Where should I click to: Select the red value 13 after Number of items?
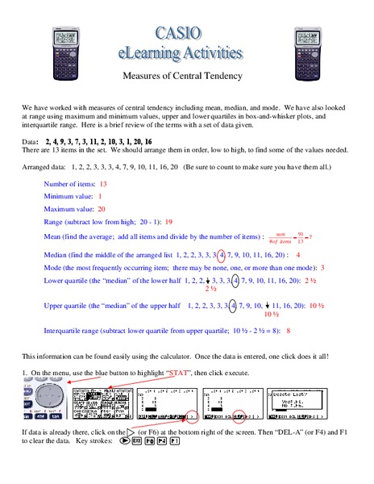click(103, 185)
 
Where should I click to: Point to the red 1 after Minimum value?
click(101, 196)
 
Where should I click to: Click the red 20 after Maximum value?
click(102, 208)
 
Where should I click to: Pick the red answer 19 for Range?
click(168, 221)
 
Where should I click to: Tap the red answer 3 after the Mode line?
click(322, 267)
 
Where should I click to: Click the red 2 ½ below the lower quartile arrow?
click(212, 289)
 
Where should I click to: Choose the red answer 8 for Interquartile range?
click(288, 331)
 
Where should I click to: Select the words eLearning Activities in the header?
click(187, 53)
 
